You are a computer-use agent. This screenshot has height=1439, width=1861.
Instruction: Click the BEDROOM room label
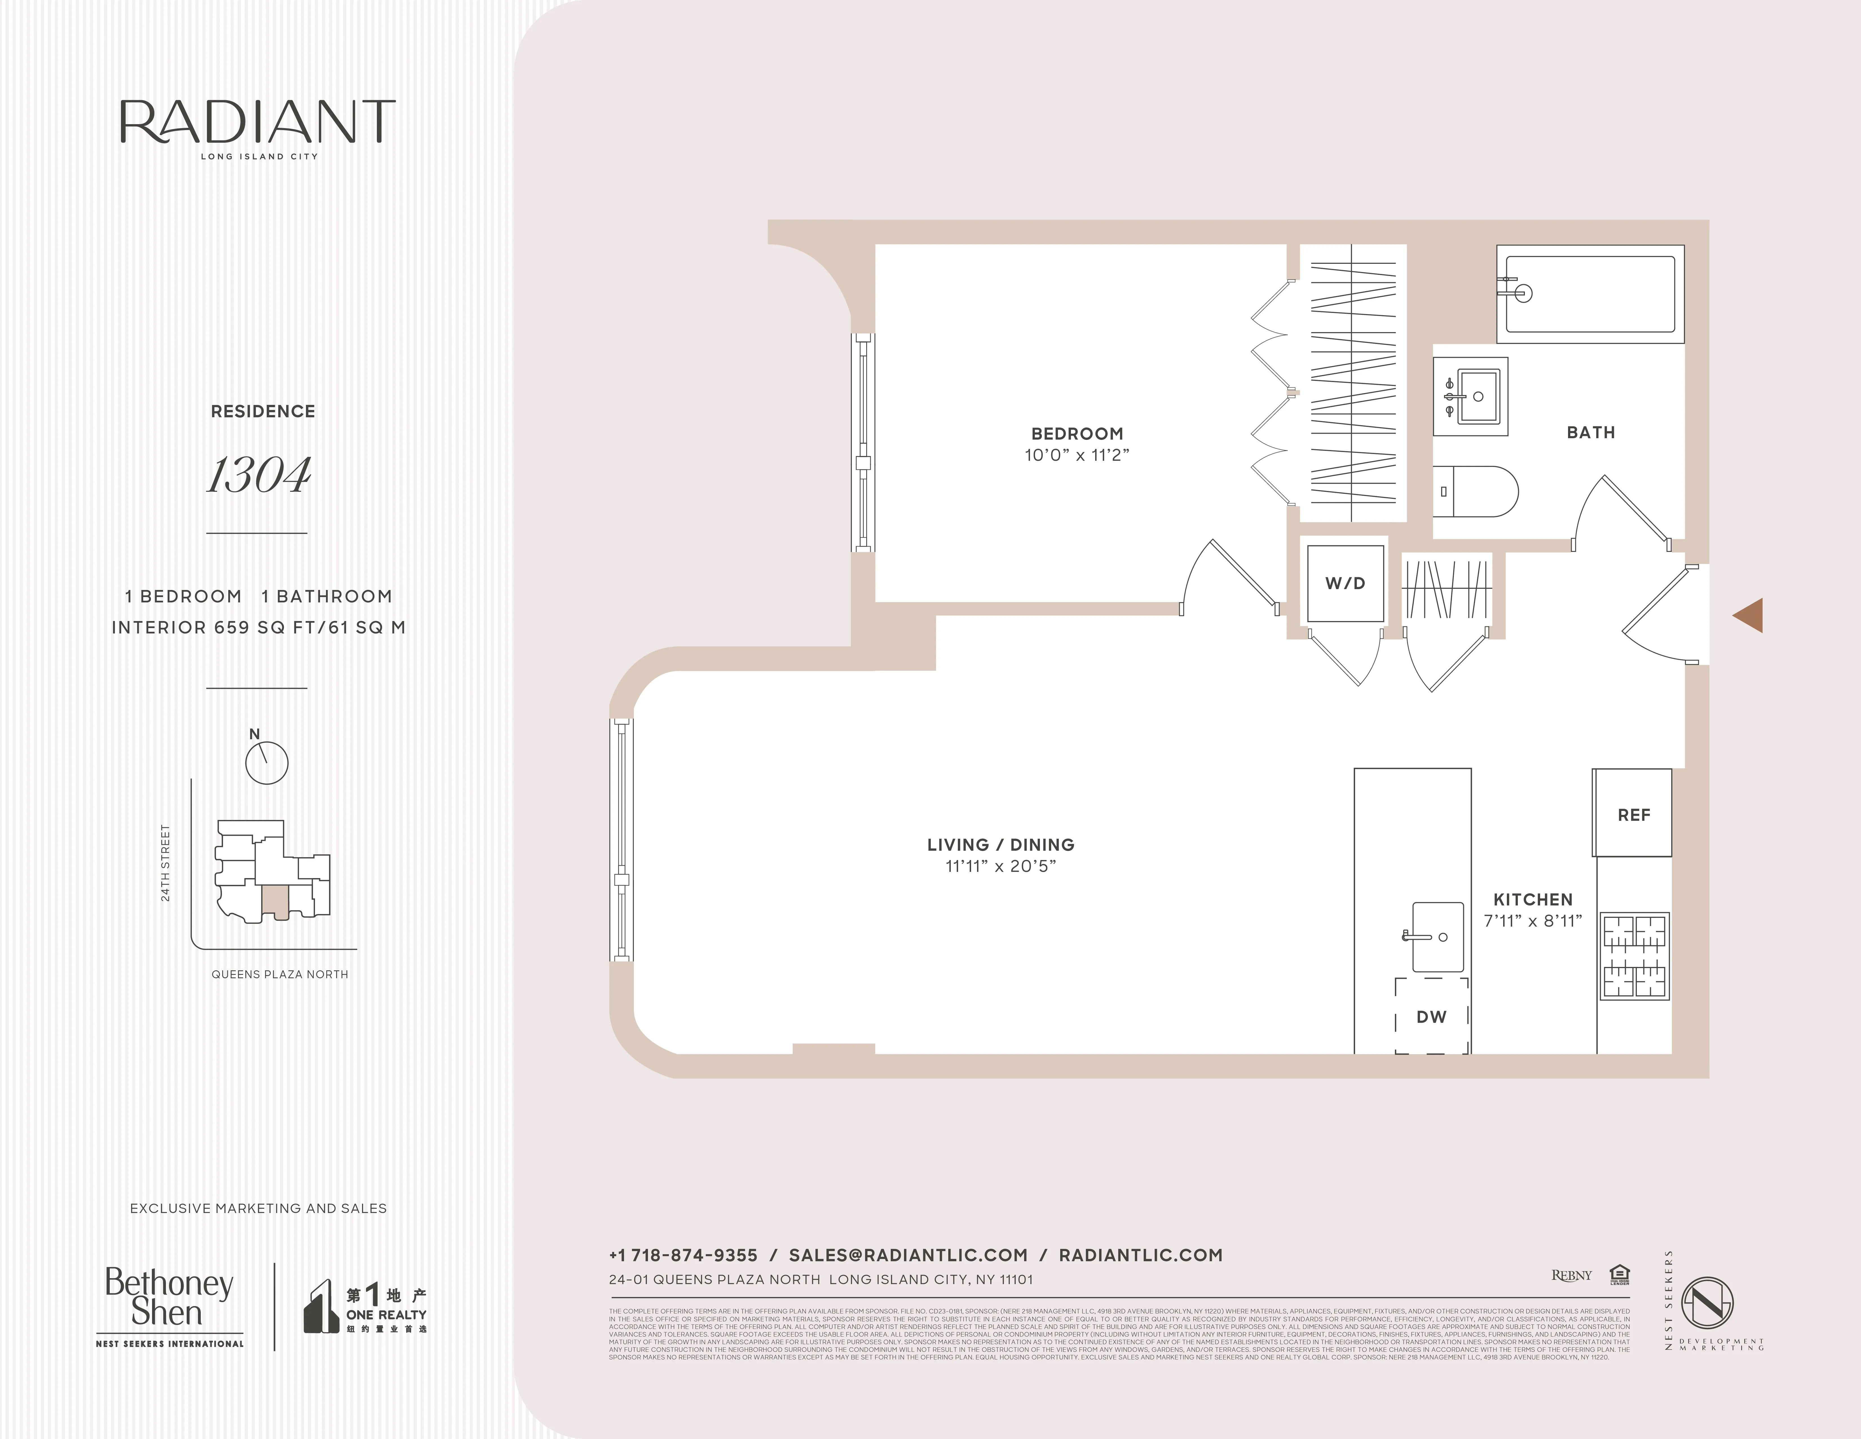[x=1077, y=434]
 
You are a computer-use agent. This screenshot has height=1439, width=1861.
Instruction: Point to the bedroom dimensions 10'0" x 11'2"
[x=1077, y=455]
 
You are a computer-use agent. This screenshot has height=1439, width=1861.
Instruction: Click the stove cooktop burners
[x=1633, y=956]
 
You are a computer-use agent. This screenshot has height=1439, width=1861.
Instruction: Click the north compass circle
[x=267, y=762]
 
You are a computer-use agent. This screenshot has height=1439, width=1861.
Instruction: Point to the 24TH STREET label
[x=165, y=863]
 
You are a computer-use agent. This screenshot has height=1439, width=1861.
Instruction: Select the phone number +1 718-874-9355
[x=683, y=1255]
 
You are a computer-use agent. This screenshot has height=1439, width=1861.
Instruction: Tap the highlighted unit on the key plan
[x=274, y=901]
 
